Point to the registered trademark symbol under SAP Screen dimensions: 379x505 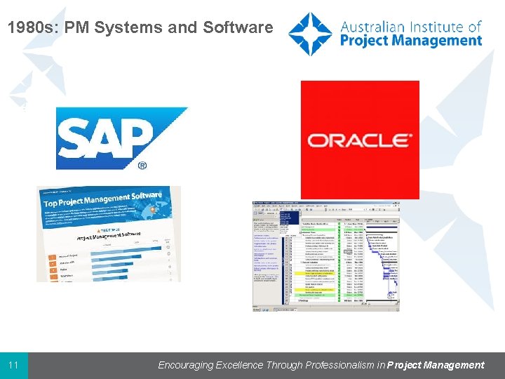click(142, 166)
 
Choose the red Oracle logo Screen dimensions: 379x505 click(360, 140)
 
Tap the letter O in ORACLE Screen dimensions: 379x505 click(319, 140)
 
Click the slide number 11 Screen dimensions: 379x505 click(14, 366)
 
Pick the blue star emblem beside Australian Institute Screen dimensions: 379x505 click(310, 34)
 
